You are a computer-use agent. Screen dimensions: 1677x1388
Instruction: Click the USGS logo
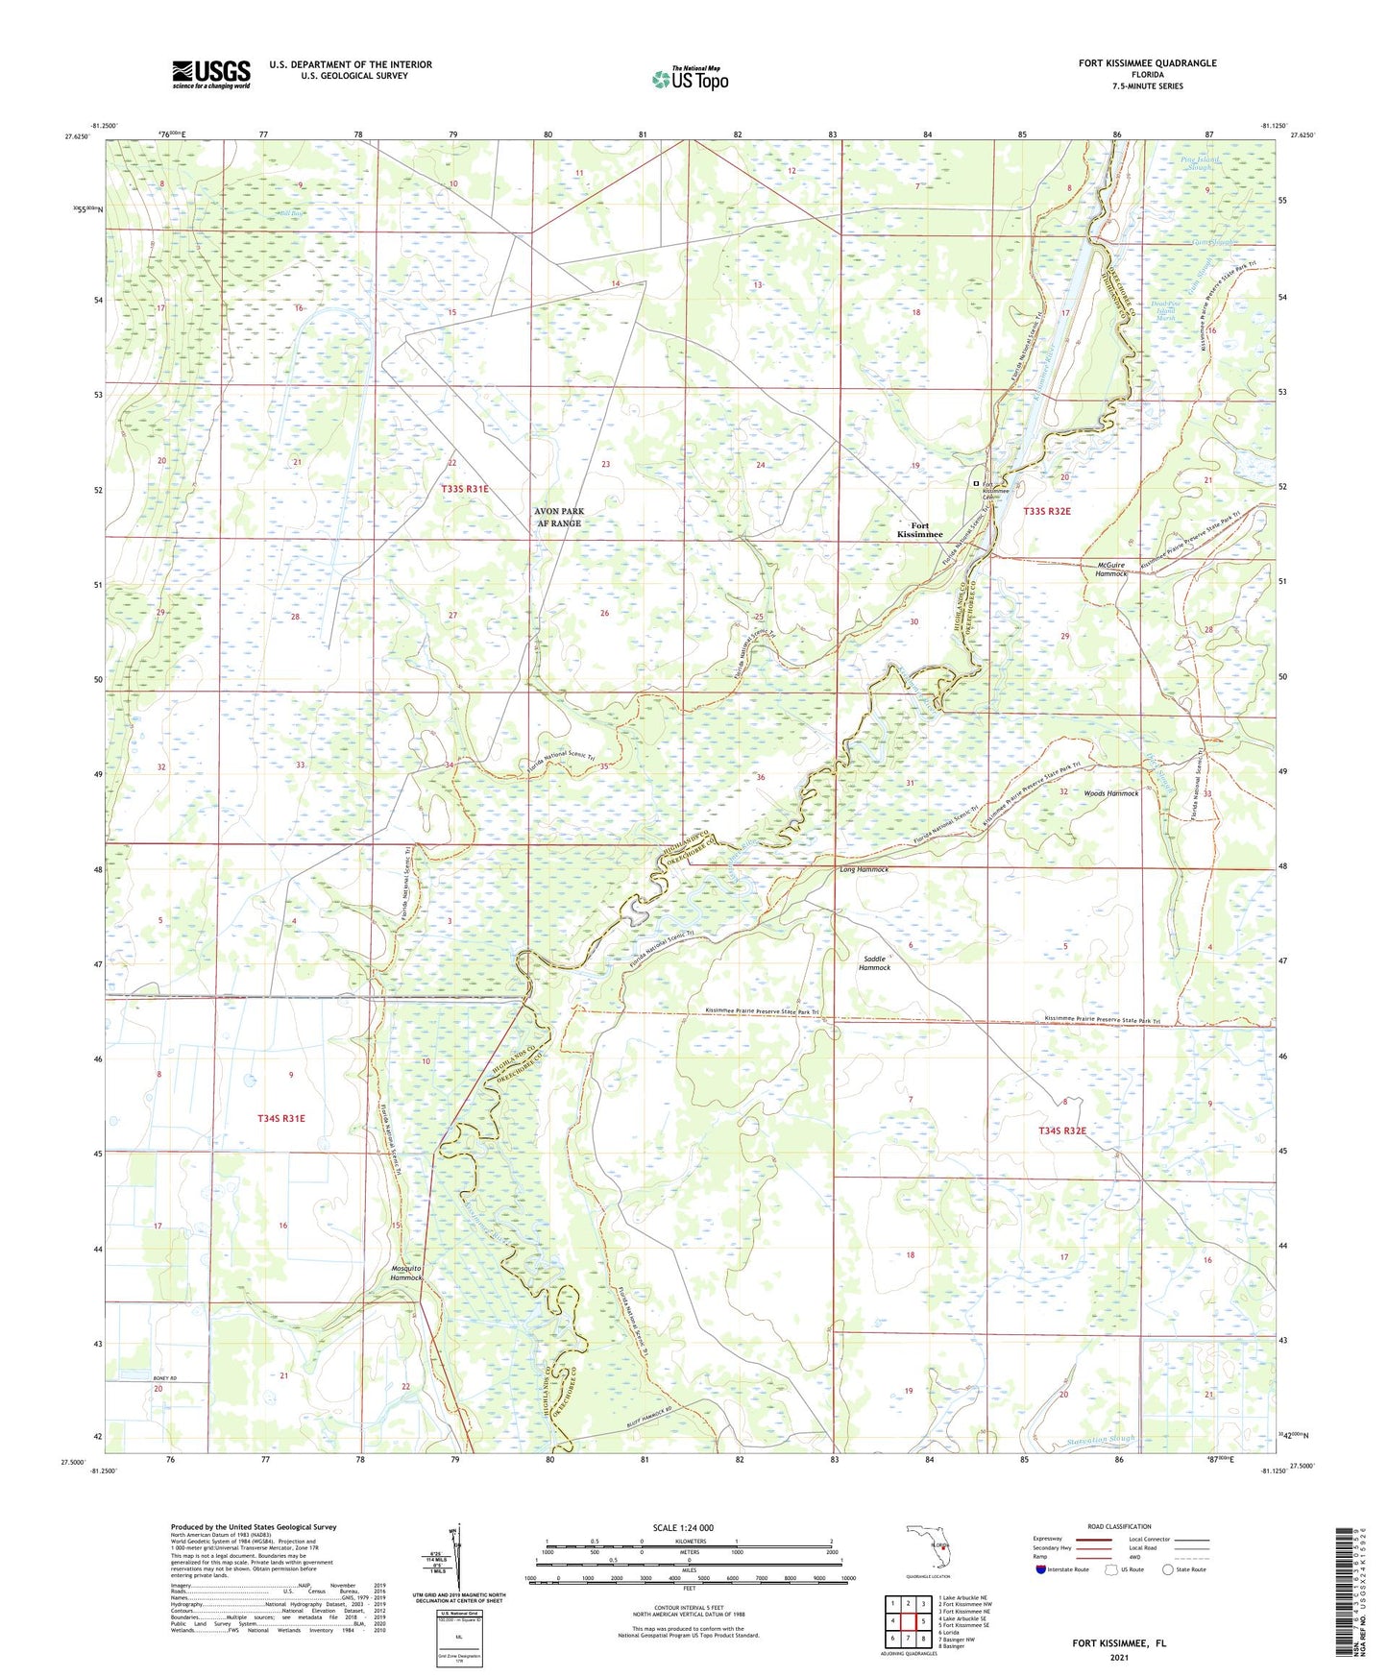210,74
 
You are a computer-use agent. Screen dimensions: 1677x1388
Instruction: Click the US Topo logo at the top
689,79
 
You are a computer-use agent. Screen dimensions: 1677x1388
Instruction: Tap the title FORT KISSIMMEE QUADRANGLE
1147,63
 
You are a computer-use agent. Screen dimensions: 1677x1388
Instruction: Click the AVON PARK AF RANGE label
558,518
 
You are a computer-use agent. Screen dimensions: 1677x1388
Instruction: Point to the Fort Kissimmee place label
919,530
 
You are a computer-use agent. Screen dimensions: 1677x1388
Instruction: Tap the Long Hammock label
864,869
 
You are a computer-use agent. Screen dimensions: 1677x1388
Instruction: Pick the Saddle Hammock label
874,963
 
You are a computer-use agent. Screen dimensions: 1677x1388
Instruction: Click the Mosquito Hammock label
406,1273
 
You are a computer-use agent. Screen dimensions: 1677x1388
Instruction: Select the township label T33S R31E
465,490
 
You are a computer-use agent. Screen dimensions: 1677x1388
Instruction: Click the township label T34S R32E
1061,1130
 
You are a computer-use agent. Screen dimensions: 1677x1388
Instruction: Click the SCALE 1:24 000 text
682,1528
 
